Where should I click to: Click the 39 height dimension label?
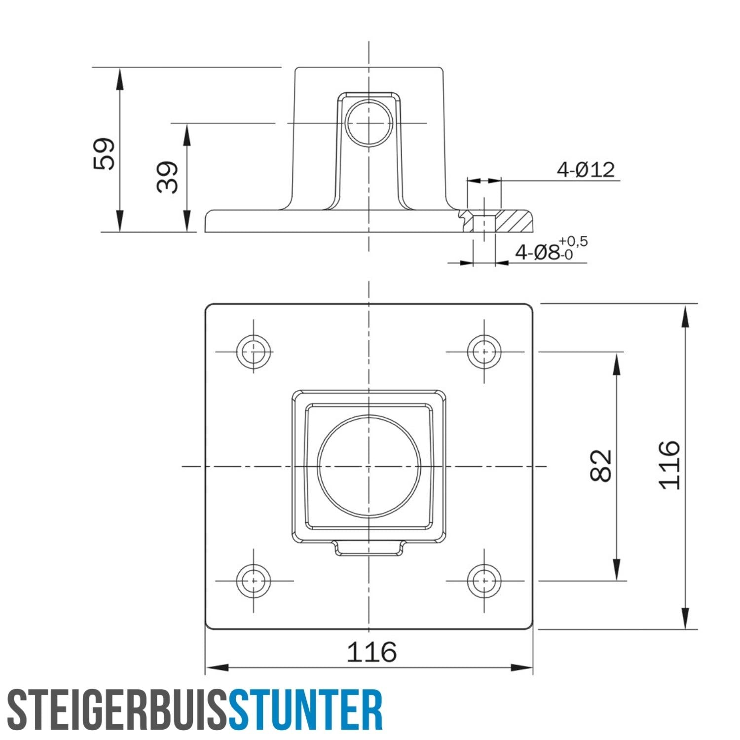pos(167,177)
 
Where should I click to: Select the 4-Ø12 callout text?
pos(586,170)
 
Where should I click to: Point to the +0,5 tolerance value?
pos(573,241)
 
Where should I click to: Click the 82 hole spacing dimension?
pos(600,465)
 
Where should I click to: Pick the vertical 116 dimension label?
pos(669,465)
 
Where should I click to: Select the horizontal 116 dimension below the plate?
pos(371,652)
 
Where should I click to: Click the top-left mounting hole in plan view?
pos(254,352)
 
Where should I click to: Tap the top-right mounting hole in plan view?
pos(484,352)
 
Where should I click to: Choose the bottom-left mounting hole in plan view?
pos(254,581)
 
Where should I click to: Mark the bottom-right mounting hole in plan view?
pos(484,581)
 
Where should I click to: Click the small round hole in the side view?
pos(369,123)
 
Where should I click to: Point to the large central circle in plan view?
pos(369,466)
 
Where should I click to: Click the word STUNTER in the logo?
pos(305,710)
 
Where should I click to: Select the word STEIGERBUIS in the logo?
pos(117,710)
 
